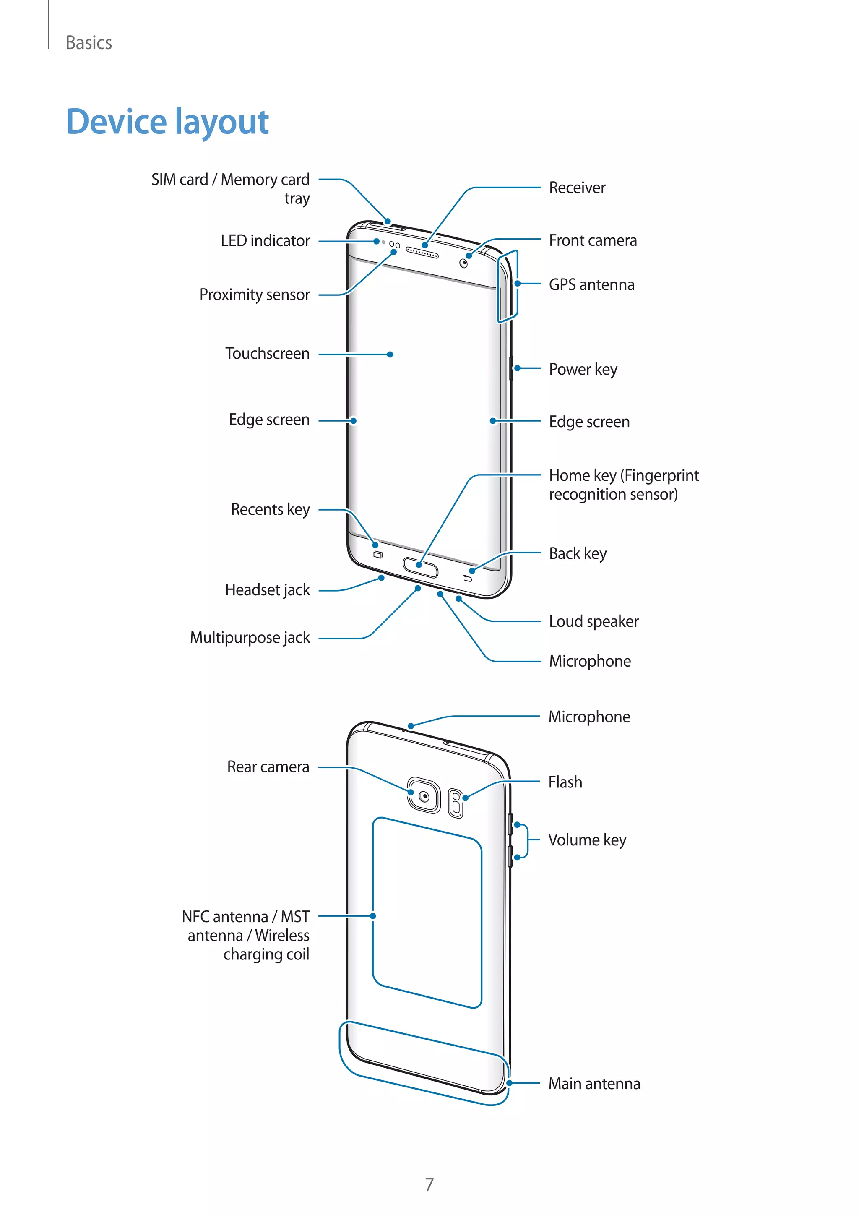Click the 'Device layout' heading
pyautogui.click(x=167, y=122)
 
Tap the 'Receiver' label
pyautogui.click(x=577, y=188)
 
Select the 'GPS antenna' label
pyautogui.click(x=591, y=285)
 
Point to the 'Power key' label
pyautogui.click(x=583, y=369)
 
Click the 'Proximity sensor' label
pyautogui.click(x=255, y=295)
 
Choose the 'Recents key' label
pyautogui.click(x=270, y=510)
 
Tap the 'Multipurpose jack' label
pyautogui.click(x=250, y=638)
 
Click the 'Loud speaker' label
pyautogui.click(x=593, y=621)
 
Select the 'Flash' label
pyautogui.click(x=565, y=782)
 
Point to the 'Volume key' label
pyautogui.click(x=587, y=840)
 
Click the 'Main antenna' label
pyautogui.click(x=594, y=1084)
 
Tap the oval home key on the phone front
pyautogui.click(x=421, y=567)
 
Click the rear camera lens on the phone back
pyautogui.click(x=424, y=796)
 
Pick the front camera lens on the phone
pyautogui.click(x=463, y=263)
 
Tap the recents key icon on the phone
pyautogui.click(x=377, y=555)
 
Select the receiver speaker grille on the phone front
pyautogui.click(x=422, y=253)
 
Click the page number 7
pyautogui.click(x=429, y=1184)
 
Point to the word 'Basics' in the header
pyautogui.click(x=89, y=43)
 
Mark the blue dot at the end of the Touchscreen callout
pyautogui.click(x=390, y=355)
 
